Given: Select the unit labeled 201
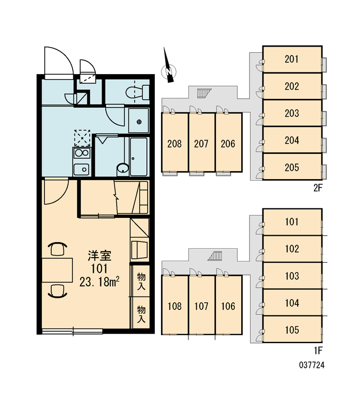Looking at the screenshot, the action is (x=292, y=59).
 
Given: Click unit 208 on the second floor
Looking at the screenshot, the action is (x=175, y=143).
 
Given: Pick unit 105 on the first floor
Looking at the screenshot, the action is (x=292, y=330).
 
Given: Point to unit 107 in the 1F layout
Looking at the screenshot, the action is (x=201, y=305).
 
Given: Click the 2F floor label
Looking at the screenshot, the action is (x=318, y=188).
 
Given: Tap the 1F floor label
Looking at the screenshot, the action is (x=318, y=351).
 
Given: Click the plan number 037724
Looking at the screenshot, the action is (x=312, y=365).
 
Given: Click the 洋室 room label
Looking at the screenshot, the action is (x=99, y=255).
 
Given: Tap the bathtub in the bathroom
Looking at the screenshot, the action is (x=139, y=157).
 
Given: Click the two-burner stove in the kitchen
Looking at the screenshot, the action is (x=82, y=153).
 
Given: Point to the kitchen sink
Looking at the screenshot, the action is (x=82, y=169).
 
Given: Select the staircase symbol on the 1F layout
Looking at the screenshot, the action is (x=215, y=256).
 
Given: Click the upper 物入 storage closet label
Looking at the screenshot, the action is (x=141, y=281).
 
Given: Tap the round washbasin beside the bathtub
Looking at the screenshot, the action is (x=123, y=168).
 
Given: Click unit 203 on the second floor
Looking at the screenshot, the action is (x=292, y=113).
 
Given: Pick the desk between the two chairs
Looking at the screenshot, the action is (x=57, y=270).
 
